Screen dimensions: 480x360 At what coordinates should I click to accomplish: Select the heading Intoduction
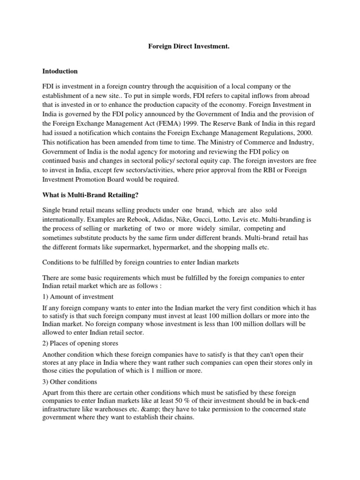tap(60, 72)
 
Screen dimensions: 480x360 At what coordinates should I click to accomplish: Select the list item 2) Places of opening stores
tap(82, 343)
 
